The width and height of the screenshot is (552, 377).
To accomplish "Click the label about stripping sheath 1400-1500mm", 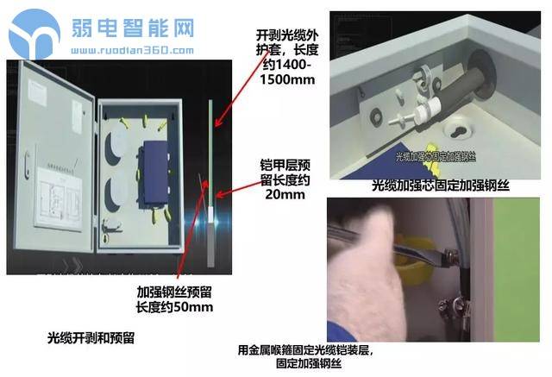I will coord(285,57).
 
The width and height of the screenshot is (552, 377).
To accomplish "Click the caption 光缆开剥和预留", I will coord(91,335).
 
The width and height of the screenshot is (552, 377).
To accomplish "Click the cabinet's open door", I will coord(52,164).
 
